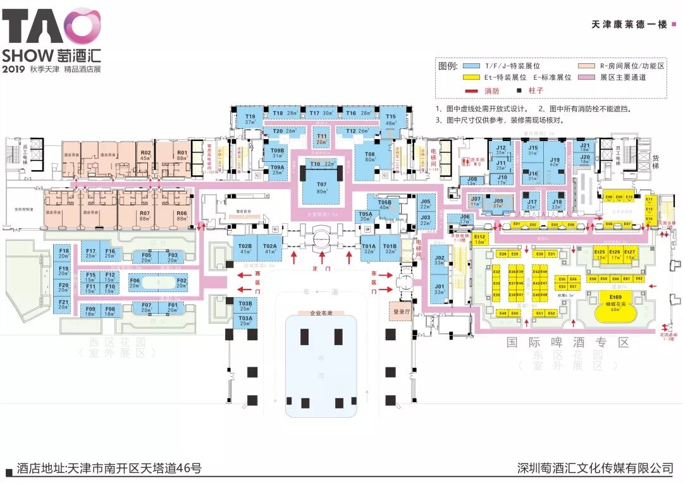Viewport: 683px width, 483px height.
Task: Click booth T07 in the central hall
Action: coord(323,188)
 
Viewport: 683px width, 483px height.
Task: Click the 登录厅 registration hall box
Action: coord(402,311)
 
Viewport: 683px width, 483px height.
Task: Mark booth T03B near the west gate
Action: coord(245,306)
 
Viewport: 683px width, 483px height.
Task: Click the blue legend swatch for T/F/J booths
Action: coord(471,66)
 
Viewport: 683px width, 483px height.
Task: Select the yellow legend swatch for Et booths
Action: coord(471,77)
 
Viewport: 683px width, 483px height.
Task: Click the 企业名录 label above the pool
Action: coord(321,313)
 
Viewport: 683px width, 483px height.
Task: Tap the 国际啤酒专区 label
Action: coord(567,343)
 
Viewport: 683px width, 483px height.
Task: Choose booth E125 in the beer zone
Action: coord(600,254)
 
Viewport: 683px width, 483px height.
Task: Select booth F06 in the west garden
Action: coord(135,282)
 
